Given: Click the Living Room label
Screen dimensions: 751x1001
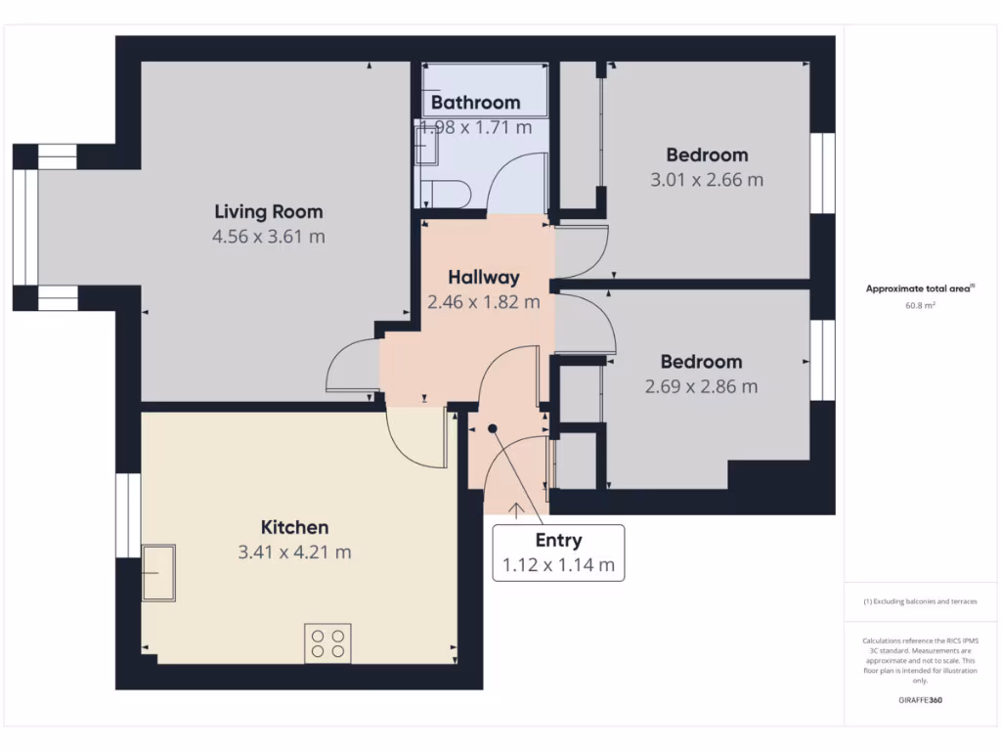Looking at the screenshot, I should (268, 211).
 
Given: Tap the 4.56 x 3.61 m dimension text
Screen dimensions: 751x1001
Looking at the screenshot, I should (268, 237).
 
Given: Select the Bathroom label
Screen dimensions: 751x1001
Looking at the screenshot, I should (475, 102).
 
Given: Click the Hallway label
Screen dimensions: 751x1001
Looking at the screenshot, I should (484, 278).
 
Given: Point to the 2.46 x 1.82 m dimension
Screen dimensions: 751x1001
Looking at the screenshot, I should (484, 302).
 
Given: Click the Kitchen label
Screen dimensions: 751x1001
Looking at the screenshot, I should (294, 527).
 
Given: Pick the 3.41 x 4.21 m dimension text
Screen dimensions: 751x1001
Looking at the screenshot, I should (294, 552).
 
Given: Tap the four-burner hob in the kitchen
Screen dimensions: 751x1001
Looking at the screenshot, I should (327, 642).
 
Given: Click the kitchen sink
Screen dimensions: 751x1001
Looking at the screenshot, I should (157, 572).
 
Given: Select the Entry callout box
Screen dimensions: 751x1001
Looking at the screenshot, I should (558, 552).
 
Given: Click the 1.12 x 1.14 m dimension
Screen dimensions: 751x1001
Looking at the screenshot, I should (558, 565).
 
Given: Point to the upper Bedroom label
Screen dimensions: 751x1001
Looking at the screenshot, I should (707, 155).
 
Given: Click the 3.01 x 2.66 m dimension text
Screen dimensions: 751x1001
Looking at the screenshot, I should (707, 180).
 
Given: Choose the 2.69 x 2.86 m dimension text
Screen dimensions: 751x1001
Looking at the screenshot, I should (701, 386).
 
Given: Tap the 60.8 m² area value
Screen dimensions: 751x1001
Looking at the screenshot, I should (920, 306).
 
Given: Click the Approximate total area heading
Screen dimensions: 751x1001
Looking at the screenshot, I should (920, 288).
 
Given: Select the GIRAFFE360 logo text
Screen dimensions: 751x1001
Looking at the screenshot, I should (920, 700).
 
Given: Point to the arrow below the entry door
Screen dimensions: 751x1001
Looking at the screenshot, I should (515, 508).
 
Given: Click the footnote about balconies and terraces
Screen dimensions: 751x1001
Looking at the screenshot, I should (920, 601).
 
